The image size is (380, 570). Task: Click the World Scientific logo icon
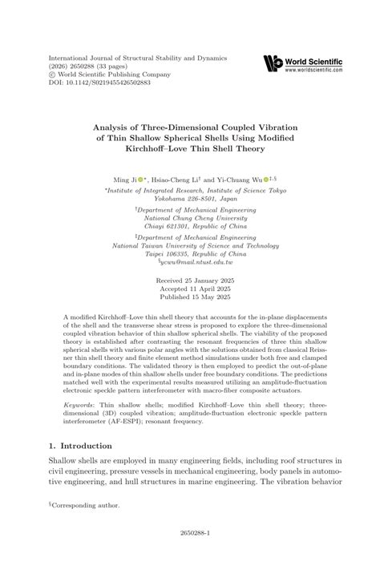coord(273,63)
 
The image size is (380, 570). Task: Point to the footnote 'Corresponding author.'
coord(87,506)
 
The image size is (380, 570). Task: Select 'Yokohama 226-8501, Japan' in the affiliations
coord(190,199)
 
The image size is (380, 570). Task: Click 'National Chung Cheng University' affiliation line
coord(191,217)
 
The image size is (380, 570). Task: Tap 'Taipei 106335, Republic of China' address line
coord(191,254)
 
